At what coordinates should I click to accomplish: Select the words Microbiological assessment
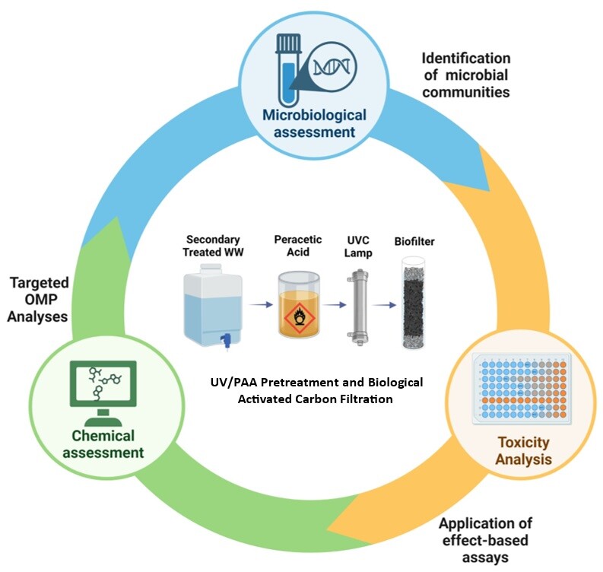point(314,123)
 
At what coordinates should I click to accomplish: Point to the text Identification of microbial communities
point(466,76)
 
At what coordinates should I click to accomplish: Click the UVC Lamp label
point(357,246)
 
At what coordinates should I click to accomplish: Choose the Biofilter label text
point(414,243)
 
